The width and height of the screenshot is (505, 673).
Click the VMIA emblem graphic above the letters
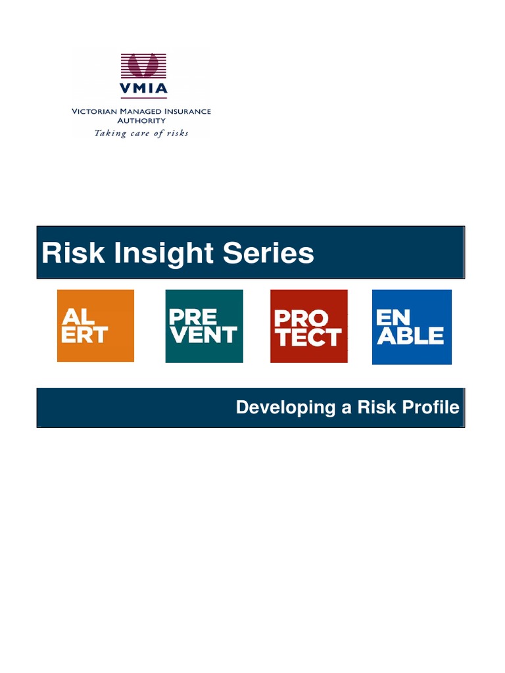pos(143,66)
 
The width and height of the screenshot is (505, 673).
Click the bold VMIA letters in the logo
pos(143,88)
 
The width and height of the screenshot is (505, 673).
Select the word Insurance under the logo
pos(185,112)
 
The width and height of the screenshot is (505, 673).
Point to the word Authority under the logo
pos(141,121)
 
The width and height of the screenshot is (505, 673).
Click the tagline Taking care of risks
pos(141,133)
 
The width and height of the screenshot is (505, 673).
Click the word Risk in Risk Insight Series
pos(64,253)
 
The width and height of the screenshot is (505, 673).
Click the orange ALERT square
pos(95,326)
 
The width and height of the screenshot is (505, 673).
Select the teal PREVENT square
pos(204,326)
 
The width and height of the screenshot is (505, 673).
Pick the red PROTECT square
pos(308,326)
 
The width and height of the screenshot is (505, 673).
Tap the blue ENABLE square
pos(412,327)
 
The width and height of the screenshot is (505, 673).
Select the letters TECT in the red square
pos(308,337)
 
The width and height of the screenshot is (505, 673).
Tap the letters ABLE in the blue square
pos(410,336)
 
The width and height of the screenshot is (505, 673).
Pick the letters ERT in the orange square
pos(84,335)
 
